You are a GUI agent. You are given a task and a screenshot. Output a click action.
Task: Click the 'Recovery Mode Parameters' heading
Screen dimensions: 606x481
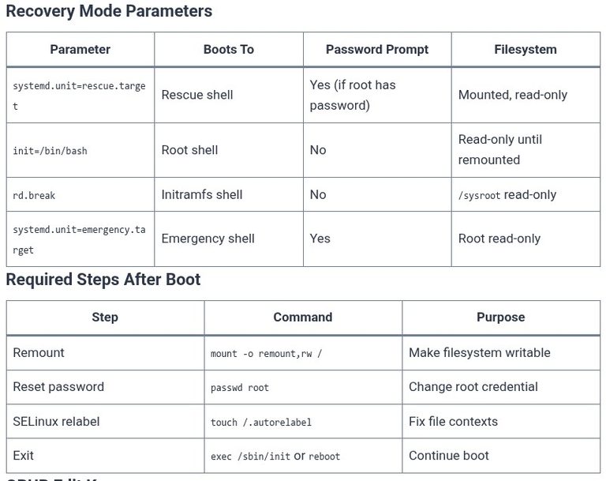(109, 11)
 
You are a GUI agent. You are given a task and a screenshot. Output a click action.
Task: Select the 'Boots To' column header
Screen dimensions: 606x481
(229, 50)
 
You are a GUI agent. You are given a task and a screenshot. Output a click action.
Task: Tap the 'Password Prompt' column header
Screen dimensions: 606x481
(377, 50)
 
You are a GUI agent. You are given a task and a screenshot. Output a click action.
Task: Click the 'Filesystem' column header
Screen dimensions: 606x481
(526, 50)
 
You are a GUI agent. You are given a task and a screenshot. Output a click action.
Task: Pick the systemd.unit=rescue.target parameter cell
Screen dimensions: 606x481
(79, 96)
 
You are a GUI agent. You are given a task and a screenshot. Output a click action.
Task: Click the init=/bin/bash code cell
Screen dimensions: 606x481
(50, 151)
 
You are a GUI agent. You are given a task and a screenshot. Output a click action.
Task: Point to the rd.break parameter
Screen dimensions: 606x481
(34, 195)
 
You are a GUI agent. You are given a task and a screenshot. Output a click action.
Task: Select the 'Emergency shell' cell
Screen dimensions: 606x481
(208, 239)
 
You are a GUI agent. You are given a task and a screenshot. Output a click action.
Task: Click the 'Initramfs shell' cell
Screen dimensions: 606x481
(202, 194)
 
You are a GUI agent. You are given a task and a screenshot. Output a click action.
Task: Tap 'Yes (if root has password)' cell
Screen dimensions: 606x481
(353, 96)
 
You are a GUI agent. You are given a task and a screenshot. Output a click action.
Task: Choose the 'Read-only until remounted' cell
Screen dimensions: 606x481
(500, 150)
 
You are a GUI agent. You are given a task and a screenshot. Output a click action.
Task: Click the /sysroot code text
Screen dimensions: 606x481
(479, 195)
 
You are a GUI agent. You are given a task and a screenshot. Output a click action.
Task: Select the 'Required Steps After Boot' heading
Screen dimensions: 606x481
(103, 280)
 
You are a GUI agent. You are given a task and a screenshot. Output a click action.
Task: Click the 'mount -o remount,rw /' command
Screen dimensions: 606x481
(266, 354)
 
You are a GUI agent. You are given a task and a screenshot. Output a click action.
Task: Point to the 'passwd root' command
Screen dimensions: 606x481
(240, 388)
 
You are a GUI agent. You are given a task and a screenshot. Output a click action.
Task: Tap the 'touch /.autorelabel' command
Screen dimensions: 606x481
(261, 423)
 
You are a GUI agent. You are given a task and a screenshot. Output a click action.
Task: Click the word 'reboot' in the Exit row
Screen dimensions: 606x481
(324, 457)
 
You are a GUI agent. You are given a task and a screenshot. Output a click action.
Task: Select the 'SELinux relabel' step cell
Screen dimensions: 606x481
(56, 422)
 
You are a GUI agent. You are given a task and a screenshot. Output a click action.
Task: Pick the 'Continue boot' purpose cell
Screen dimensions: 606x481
(449, 456)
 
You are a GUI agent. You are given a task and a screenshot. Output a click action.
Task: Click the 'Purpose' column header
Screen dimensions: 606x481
(501, 318)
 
